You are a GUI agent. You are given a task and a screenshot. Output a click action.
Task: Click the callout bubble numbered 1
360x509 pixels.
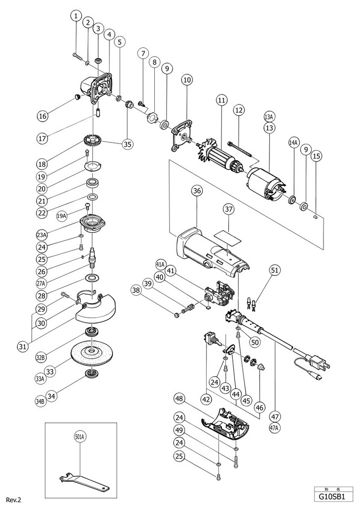pos(75,16)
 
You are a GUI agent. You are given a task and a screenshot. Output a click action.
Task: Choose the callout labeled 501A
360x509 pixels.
pos(80,436)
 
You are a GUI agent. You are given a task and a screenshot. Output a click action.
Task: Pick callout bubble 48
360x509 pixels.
pos(179,398)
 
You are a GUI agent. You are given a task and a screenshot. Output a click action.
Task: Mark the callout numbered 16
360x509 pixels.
pos(44,116)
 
